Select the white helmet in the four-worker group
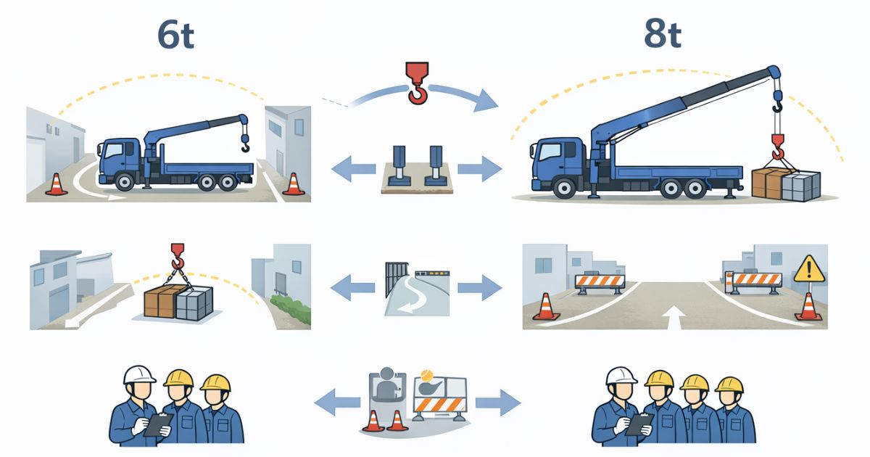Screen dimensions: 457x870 (x=621, y=374)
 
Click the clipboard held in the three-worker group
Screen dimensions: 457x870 (x=158, y=424)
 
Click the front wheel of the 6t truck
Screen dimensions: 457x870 (x=125, y=182)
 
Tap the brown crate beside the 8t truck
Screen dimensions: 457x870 (x=768, y=183)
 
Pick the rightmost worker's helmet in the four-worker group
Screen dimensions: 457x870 (x=729, y=383)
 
